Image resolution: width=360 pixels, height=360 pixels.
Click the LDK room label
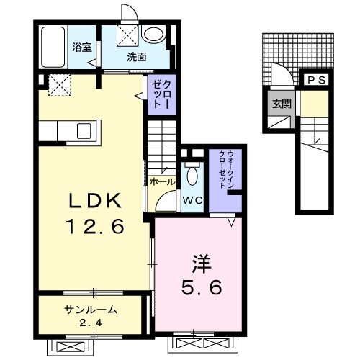(95, 201)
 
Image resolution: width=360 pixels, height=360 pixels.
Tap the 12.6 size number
(96, 227)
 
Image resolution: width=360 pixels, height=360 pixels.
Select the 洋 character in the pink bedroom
(201, 264)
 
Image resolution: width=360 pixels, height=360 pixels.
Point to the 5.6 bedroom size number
(201, 288)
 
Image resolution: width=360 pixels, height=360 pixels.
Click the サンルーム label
(91, 310)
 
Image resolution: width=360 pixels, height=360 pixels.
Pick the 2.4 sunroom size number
(91, 323)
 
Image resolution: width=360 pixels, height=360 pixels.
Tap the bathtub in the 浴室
(53, 47)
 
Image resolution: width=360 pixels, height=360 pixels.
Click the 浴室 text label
(82, 47)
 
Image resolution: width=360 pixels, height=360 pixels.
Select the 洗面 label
(136, 57)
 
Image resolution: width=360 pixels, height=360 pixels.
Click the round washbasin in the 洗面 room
(153, 34)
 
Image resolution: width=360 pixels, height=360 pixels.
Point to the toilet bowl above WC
(192, 176)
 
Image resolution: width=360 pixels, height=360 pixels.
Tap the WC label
(192, 201)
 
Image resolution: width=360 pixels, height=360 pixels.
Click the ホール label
(162, 182)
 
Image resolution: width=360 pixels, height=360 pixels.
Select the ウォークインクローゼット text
(226, 169)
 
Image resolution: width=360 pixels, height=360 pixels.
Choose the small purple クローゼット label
(162, 94)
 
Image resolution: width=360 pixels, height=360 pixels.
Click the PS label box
(316, 80)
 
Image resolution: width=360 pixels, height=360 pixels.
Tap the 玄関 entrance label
(282, 104)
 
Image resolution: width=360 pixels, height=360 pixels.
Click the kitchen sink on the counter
(84, 131)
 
